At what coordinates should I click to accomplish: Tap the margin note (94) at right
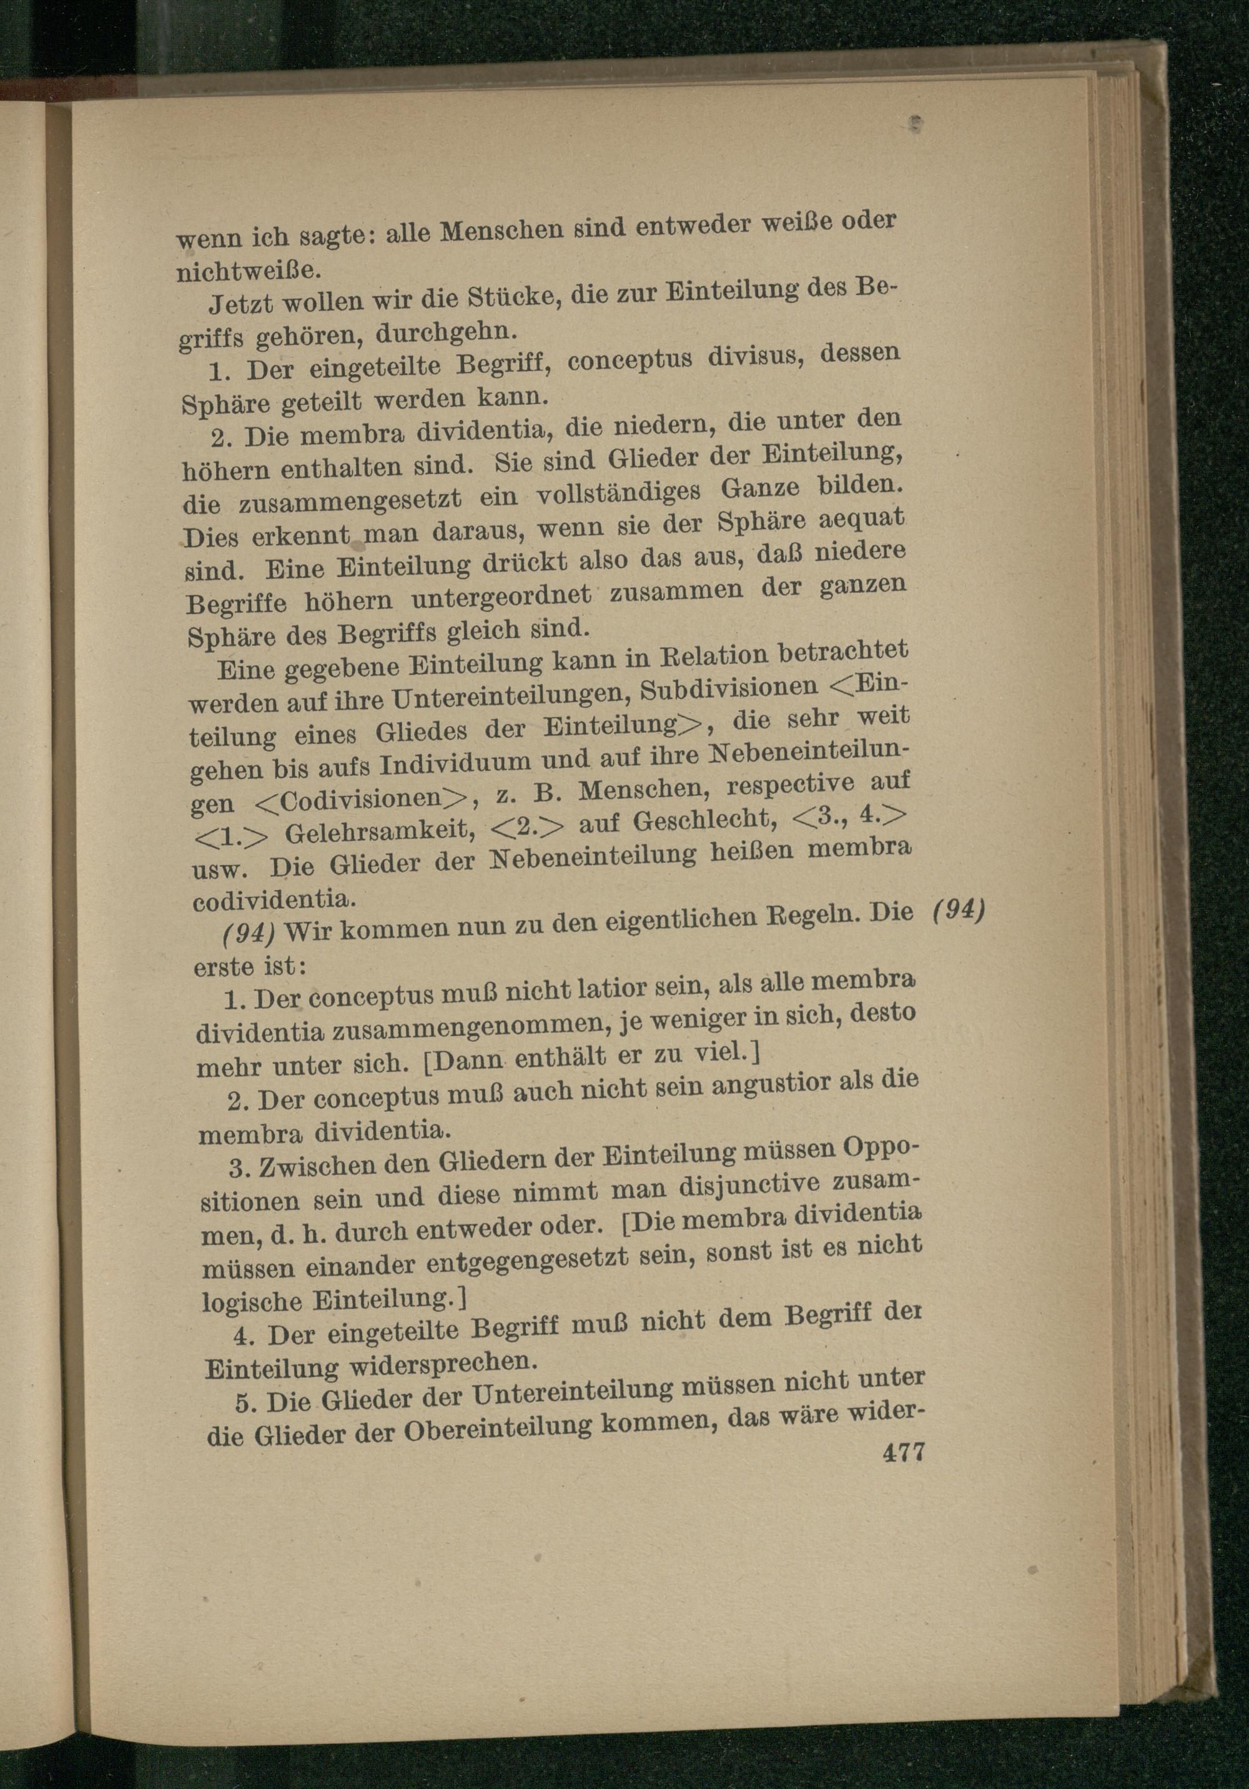point(959,910)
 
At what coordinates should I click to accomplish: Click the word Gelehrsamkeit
point(380,832)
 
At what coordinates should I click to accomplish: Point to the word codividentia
point(274,900)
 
